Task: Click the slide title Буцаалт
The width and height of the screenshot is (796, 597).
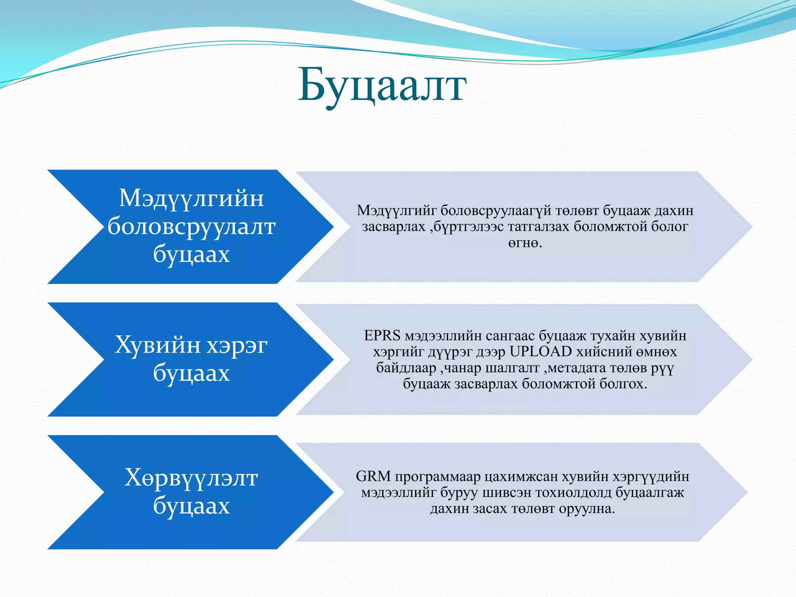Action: point(382,86)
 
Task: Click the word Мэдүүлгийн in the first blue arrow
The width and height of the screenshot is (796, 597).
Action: point(191,198)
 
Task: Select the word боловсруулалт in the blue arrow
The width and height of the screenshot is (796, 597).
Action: point(191,227)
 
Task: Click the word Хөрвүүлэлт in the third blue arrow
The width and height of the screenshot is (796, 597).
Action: point(191,478)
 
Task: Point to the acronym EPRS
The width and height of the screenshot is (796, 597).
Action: point(382,335)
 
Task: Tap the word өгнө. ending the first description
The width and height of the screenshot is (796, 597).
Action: point(525,243)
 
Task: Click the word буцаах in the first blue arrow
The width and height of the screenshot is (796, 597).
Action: point(191,255)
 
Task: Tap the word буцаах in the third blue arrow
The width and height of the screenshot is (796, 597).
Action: point(191,506)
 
